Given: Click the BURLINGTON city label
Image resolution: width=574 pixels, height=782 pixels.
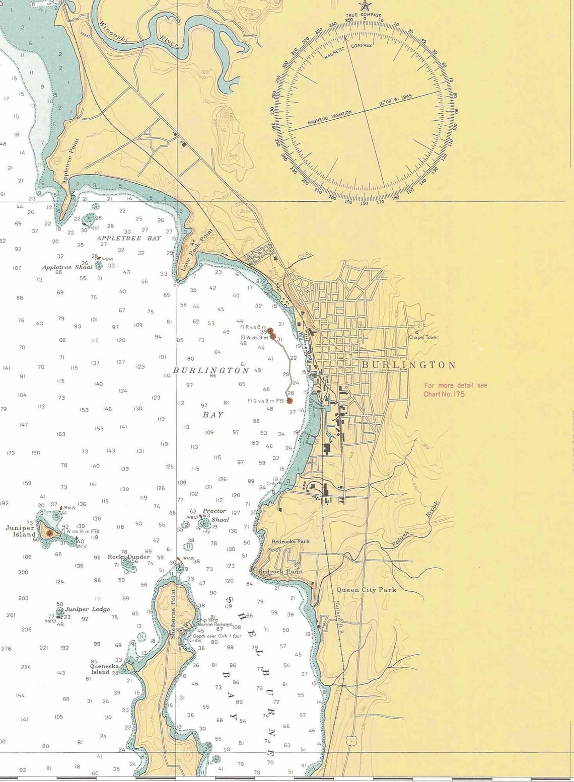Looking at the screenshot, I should pos(408,365).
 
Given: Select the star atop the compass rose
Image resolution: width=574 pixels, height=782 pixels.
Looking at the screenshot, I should pos(364,6).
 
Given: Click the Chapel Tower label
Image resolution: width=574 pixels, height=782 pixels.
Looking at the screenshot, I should pos(423,337).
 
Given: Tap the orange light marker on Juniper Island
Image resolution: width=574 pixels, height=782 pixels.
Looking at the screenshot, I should pos(49,532).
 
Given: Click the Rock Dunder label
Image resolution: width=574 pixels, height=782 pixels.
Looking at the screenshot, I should pos(128,557).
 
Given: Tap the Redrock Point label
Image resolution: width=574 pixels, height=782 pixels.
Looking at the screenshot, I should pos(280,572).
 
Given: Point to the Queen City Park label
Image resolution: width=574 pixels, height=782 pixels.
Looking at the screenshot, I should pos(366,590).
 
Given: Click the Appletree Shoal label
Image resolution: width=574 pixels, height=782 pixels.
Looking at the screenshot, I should pos(67,267).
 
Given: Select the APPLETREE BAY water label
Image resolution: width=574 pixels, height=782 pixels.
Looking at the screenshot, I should pos(129,238).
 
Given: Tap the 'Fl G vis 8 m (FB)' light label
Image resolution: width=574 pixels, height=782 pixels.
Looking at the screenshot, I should pos(266,401).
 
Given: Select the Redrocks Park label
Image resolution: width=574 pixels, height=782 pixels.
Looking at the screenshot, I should pos(291,541).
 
